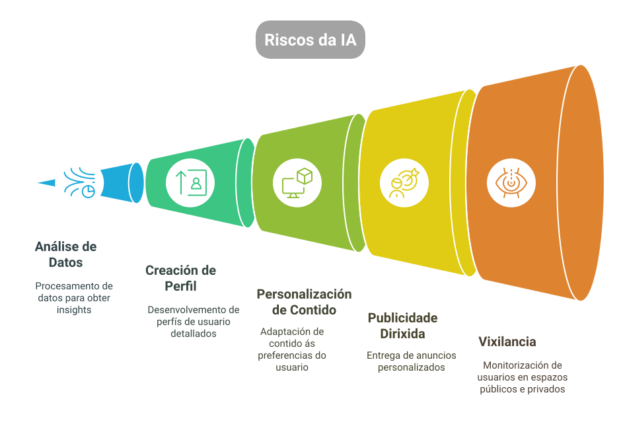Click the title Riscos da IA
tap(310, 40)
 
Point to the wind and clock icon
tap(80, 182)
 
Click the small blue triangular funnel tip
tap(46, 182)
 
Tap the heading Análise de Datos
tap(65, 254)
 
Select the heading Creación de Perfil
tap(180, 278)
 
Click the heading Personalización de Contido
tap(304, 302)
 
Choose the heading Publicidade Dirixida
tap(402, 326)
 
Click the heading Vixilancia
tap(507, 342)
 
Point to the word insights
tap(73, 310)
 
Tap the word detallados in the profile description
tap(193, 334)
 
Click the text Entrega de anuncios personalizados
tap(411, 361)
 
